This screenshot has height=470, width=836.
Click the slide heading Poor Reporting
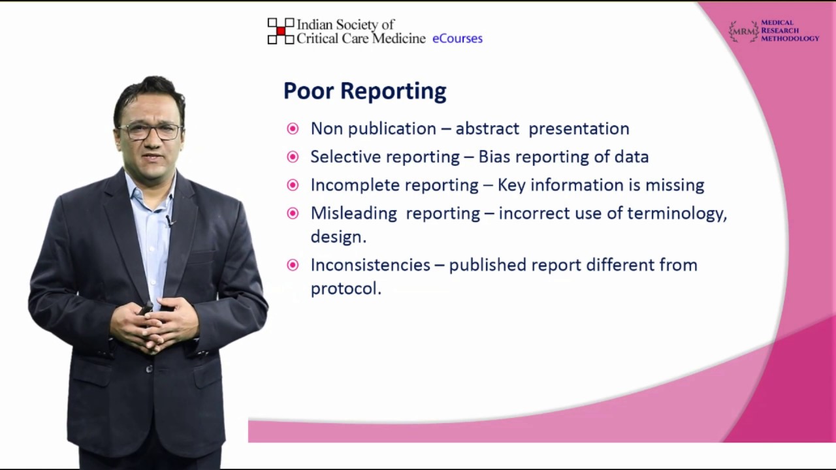point(364,91)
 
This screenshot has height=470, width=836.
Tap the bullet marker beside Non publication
point(293,129)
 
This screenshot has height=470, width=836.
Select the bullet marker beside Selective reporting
point(293,157)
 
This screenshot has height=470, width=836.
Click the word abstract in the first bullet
point(487,129)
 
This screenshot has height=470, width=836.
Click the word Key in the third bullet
point(511,185)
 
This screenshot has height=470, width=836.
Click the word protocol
point(345,289)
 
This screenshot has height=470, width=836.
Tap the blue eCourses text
point(457,39)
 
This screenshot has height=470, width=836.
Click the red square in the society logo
point(281,31)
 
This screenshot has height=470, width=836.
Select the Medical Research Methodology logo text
point(789,31)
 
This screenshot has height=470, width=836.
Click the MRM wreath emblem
point(743,31)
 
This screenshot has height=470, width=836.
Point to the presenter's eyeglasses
point(150,130)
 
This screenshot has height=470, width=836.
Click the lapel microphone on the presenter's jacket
point(170,221)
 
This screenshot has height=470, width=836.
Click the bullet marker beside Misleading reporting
point(293,213)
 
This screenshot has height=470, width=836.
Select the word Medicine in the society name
point(398,39)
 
